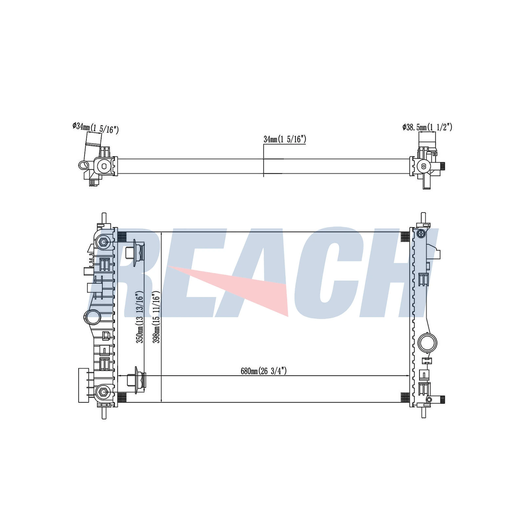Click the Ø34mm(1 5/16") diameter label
pos(95,128)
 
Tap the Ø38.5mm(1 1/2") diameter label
pos(427,127)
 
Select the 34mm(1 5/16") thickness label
pos(285,139)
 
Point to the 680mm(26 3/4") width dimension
pos(264,371)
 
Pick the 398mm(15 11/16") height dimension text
pos(157,317)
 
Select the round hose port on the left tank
pos(93,318)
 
